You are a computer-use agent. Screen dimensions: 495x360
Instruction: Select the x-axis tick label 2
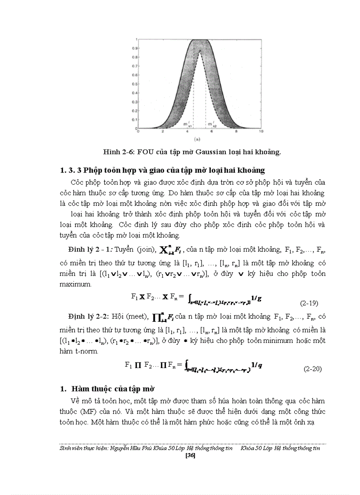coord(163,131)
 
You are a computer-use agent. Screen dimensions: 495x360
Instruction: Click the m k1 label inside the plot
coord(187,126)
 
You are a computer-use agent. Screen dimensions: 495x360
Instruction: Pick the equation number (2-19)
coord(309,303)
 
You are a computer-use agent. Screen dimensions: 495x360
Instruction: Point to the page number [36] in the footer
coord(191,455)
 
